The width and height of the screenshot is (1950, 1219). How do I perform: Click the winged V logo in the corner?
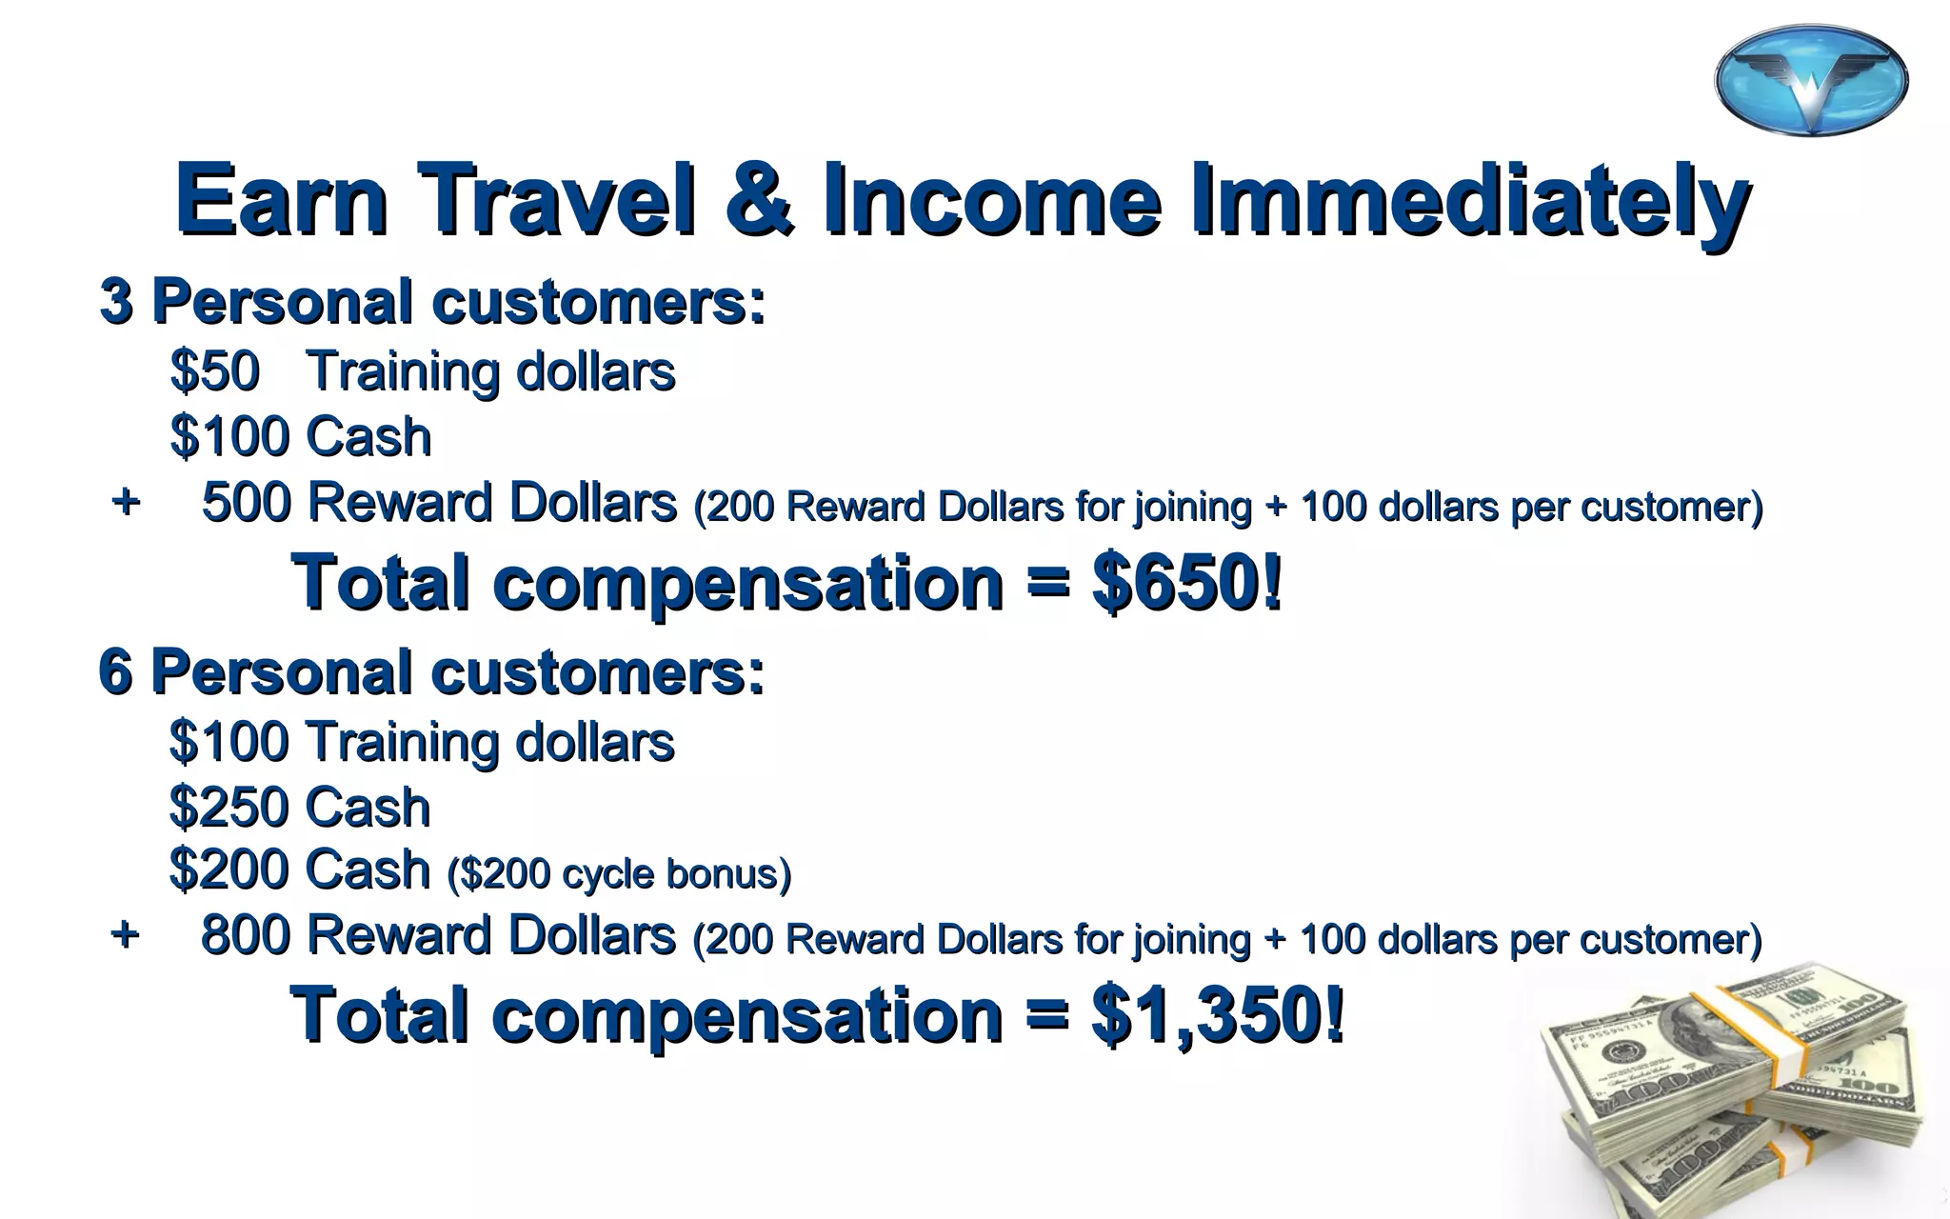(x=1811, y=80)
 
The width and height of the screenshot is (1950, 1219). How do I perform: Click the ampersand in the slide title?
(x=759, y=200)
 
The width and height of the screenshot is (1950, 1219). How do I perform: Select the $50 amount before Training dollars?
(x=214, y=370)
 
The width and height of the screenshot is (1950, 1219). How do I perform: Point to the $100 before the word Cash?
(x=229, y=437)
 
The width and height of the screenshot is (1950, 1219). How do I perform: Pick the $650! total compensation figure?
(x=1186, y=582)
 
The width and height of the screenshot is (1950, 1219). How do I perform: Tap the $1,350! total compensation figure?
(x=1217, y=1015)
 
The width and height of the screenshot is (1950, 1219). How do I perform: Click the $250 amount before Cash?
(x=229, y=808)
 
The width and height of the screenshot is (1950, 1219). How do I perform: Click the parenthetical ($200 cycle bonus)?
(x=619, y=873)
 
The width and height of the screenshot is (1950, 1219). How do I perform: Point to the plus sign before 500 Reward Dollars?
(x=125, y=501)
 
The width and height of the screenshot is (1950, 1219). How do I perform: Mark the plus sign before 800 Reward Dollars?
(x=125, y=934)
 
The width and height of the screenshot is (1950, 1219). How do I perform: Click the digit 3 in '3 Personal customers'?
(x=115, y=302)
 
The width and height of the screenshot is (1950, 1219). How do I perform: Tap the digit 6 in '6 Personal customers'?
(x=115, y=672)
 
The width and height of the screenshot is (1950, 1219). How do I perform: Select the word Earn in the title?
(x=282, y=200)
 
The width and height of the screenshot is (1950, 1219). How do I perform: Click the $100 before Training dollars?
(x=229, y=742)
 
